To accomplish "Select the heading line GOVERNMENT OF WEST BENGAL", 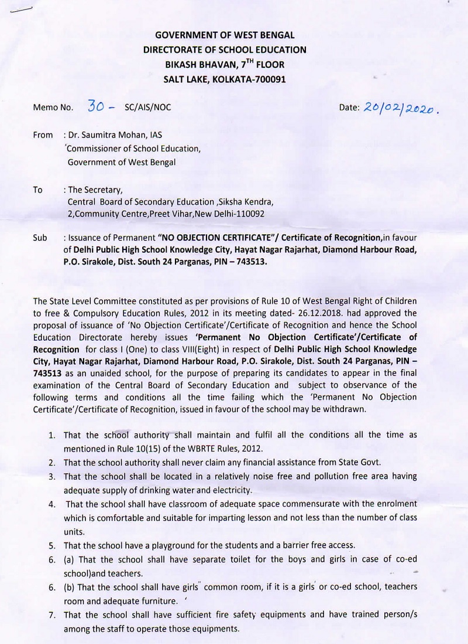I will coord(225,36).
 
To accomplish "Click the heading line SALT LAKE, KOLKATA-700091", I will coord(225,79).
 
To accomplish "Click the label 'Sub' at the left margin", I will coord(40,239).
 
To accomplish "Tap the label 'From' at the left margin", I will coord(43,135).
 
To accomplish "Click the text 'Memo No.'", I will coord(53,107).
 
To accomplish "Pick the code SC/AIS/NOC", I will coord(149,107).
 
